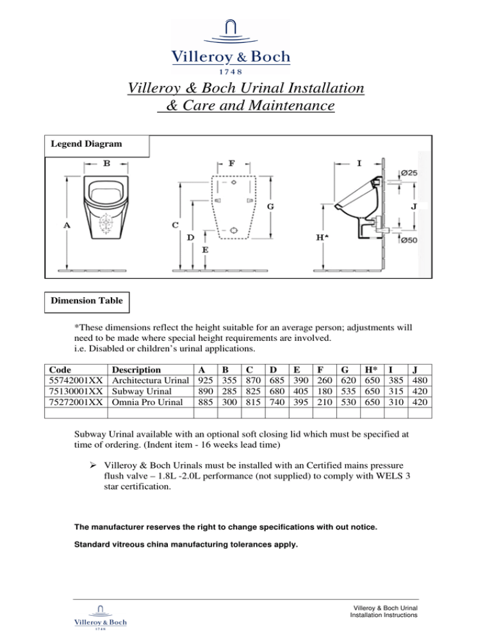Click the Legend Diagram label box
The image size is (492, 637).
(96, 145)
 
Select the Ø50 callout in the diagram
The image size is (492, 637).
(410, 240)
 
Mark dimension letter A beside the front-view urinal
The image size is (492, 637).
(67, 226)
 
